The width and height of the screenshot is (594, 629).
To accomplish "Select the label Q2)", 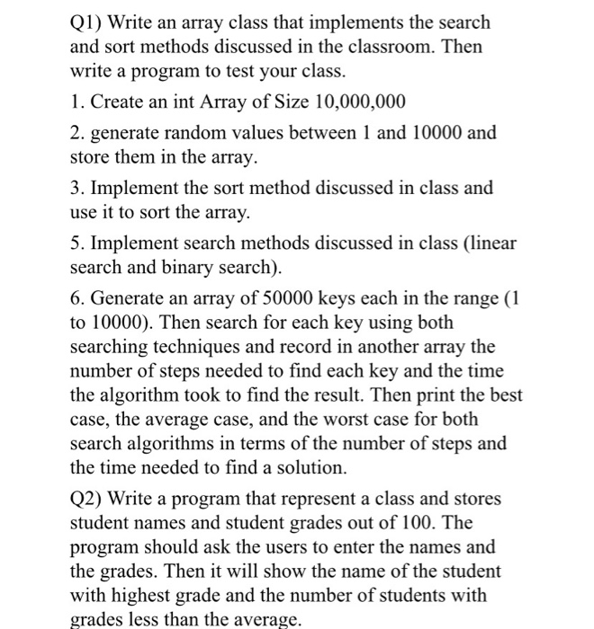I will tap(91, 498).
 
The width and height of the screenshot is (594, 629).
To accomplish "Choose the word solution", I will tap(310, 467).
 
